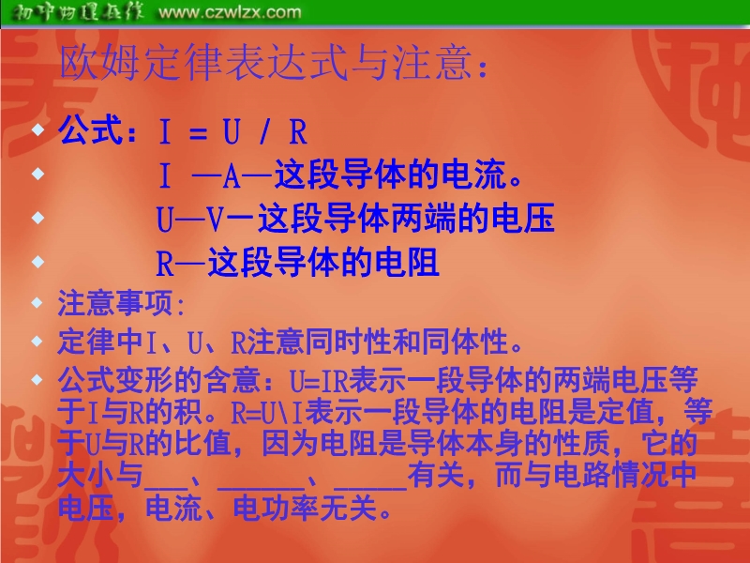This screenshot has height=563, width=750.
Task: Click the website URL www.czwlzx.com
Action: point(230,12)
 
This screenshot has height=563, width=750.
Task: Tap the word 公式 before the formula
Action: point(90,129)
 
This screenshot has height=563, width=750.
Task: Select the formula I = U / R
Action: point(232,131)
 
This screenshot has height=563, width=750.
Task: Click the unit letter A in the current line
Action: point(232,175)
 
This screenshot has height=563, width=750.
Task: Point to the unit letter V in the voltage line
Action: point(216,220)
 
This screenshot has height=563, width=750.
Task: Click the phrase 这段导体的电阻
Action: point(323,263)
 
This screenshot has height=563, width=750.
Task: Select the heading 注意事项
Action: point(114,302)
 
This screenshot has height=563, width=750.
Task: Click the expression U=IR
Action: point(319,381)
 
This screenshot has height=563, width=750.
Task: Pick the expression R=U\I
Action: point(267,414)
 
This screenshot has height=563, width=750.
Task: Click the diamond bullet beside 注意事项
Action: point(37,302)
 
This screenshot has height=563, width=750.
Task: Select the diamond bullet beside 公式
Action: point(37,129)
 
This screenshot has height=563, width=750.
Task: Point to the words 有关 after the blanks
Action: point(435,475)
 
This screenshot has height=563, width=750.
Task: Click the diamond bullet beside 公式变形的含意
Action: point(37,380)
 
